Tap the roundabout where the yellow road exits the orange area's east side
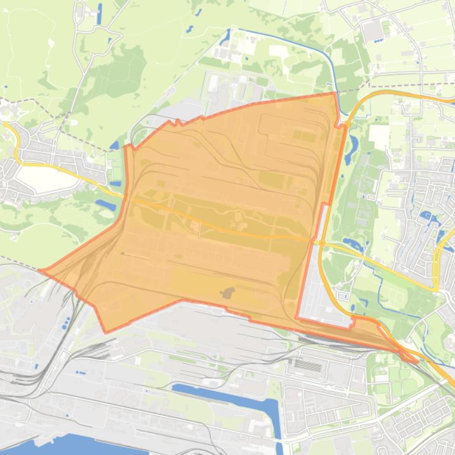321,242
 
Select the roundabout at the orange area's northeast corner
343,125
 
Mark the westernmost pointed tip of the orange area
40,271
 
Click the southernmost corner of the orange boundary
106,331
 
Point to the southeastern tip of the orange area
417,360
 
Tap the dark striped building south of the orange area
308,366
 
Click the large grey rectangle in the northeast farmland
373,31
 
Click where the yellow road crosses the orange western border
125,197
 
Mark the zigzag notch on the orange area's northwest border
175,123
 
